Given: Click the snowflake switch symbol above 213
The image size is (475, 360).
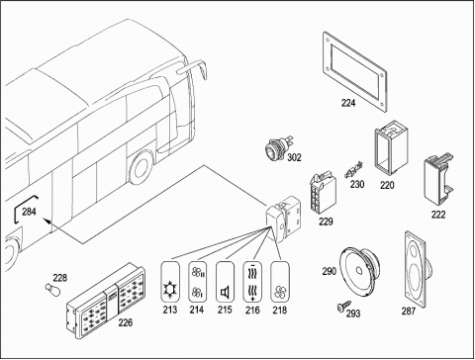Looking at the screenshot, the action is [170, 290].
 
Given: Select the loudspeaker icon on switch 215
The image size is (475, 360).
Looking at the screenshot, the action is [225, 293].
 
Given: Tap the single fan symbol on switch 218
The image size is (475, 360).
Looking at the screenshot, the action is [280, 292].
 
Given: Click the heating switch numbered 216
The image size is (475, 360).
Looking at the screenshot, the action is [252, 282].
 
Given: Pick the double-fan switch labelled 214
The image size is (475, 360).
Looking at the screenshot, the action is [197, 282].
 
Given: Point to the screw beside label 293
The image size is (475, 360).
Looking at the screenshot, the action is [343, 306].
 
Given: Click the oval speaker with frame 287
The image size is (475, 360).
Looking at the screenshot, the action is [417, 269].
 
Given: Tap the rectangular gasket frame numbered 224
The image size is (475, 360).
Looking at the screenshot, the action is [354, 71].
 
